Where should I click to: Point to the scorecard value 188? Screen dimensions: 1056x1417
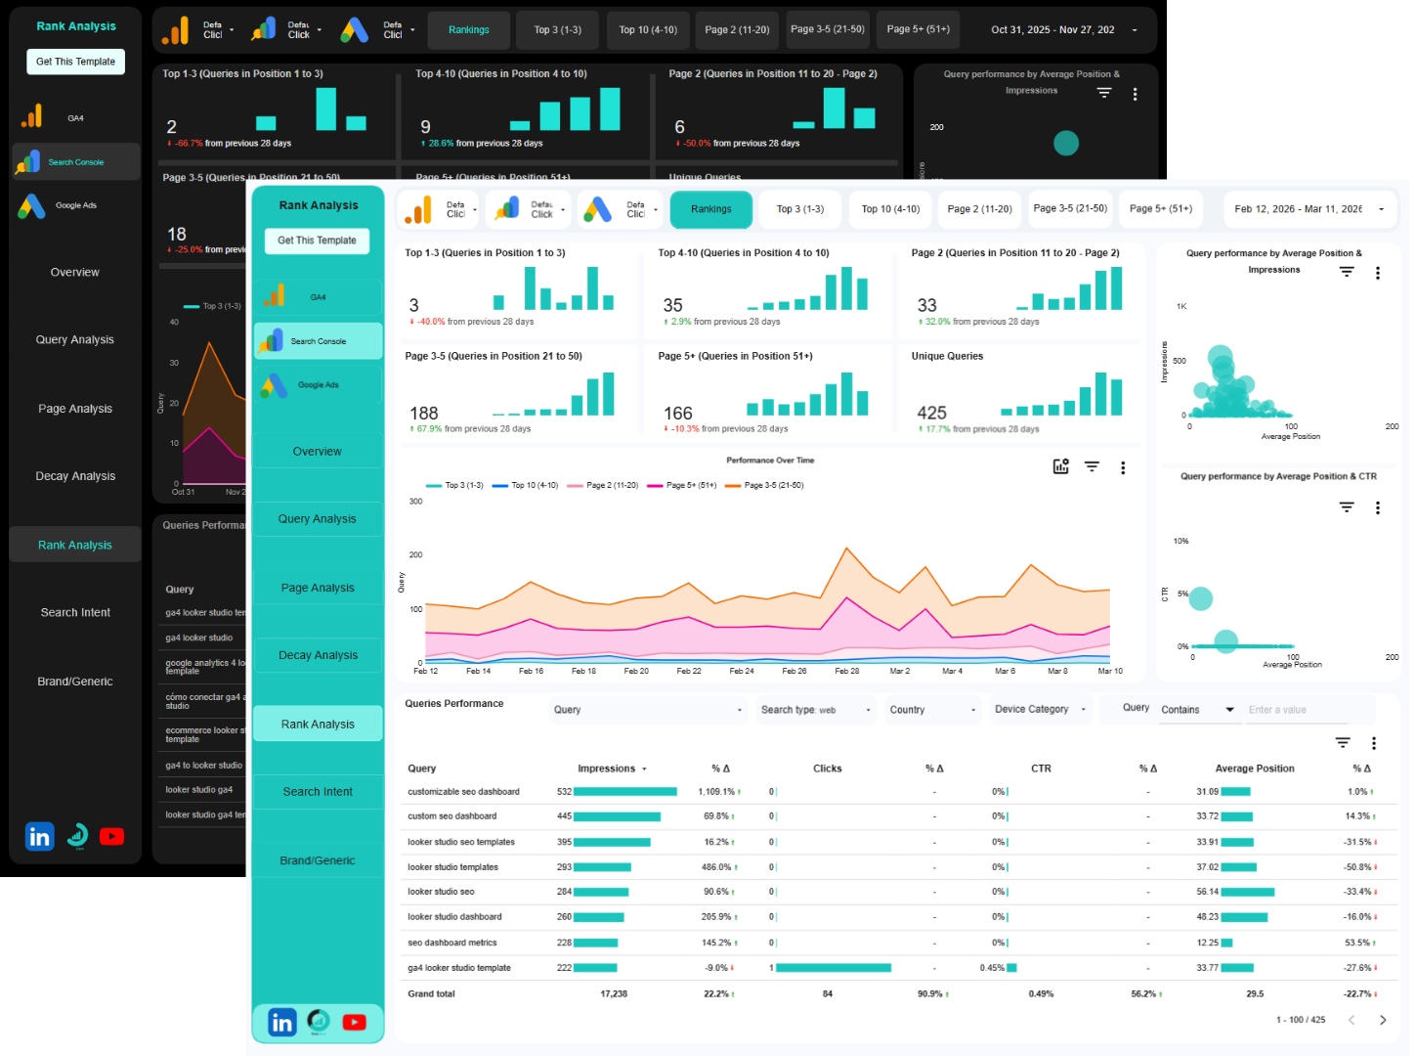click(424, 414)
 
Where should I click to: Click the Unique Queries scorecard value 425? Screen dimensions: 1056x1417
click(931, 414)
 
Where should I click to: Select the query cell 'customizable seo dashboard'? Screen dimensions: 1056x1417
click(463, 792)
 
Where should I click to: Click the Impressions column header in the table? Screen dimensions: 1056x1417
click(607, 769)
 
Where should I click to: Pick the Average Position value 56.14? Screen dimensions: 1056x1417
click(1207, 892)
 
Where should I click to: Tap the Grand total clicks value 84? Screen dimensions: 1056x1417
click(827, 993)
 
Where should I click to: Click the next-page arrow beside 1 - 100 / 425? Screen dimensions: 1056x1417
click(1382, 1020)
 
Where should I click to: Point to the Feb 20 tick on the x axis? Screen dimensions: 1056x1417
click(636, 671)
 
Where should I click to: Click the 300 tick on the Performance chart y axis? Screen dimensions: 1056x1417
click(416, 502)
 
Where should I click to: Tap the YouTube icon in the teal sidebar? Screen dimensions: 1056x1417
click(354, 1022)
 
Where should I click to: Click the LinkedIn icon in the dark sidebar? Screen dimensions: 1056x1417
click(40, 837)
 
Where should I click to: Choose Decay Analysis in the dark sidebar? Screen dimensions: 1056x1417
click(75, 476)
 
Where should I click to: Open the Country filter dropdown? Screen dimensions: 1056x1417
click(931, 710)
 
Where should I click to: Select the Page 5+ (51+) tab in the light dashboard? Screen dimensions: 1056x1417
click(1160, 209)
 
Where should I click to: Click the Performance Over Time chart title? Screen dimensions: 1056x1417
click(770, 460)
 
